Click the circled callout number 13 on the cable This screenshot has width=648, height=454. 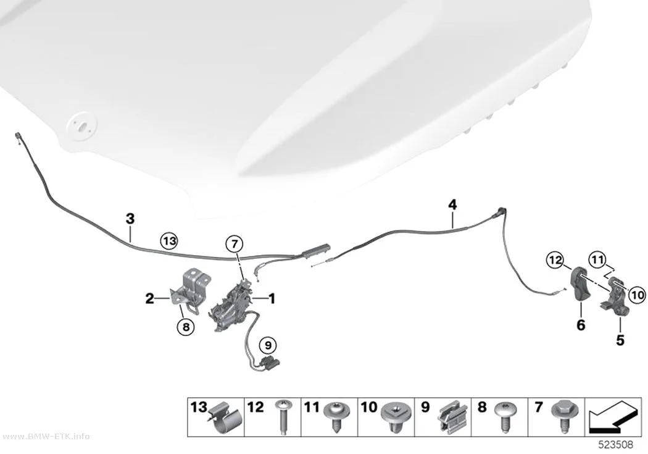pos(170,241)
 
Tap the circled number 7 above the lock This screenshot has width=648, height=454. pos(235,245)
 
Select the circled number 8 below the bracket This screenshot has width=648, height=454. pos(186,327)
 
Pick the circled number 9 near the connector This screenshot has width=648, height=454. pos(268,345)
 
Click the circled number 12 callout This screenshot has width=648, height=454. pos(555,260)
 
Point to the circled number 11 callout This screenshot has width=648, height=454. pos(597,260)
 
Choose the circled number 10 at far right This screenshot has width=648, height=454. pos(638,295)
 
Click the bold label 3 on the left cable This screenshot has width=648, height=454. pos(130,218)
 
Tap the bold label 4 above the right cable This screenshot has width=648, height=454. pos(452,204)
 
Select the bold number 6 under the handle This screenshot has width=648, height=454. pos(581,325)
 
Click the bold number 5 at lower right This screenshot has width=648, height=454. pos(620,340)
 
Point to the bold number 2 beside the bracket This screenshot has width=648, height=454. pos(149,298)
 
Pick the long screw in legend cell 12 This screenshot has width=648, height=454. pos(283,416)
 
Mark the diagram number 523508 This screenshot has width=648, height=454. pos(616,445)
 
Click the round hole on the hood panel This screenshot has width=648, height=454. pos(82,124)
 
